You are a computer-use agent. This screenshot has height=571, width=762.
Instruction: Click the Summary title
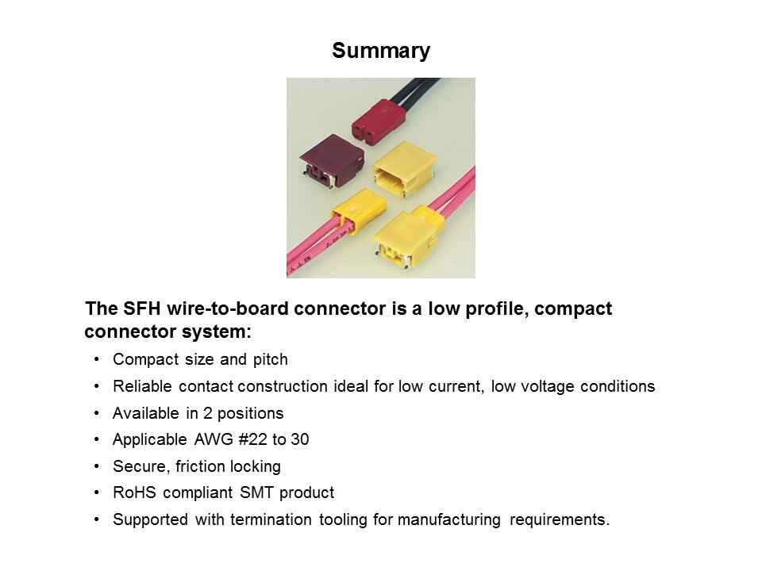(x=381, y=51)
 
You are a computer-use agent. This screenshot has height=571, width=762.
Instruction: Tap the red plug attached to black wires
(x=379, y=121)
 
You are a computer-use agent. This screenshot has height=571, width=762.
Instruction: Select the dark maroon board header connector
(x=333, y=161)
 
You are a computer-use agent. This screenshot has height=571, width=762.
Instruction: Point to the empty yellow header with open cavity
(x=404, y=169)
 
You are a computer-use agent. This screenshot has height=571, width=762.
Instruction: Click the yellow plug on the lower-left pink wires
(x=359, y=211)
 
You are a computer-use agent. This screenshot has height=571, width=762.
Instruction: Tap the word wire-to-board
(x=227, y=308)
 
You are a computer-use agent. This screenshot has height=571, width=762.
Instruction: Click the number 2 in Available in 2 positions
(x=207, y=413)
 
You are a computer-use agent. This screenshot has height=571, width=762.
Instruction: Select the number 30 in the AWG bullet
(x=300, y=439)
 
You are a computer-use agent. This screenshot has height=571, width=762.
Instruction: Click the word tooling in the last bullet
(x=342, y=520)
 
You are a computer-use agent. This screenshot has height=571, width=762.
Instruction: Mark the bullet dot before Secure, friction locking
(x=97, y=466)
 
